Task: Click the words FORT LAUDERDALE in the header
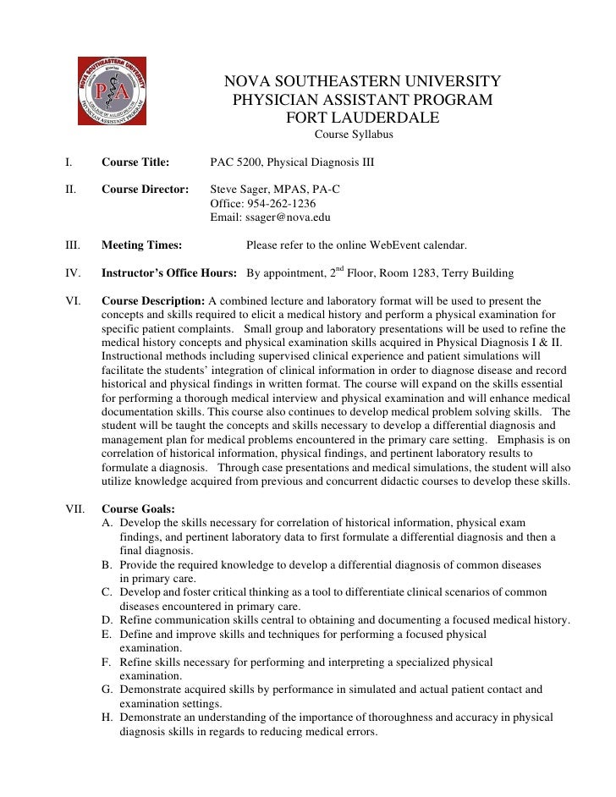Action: (x=363, y=118)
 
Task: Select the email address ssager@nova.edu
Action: (x=288, y=217)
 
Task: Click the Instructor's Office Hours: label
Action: (x=170, y=274)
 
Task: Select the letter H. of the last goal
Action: (x=107, y=717)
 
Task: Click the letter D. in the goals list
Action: (x=107, y=621)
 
